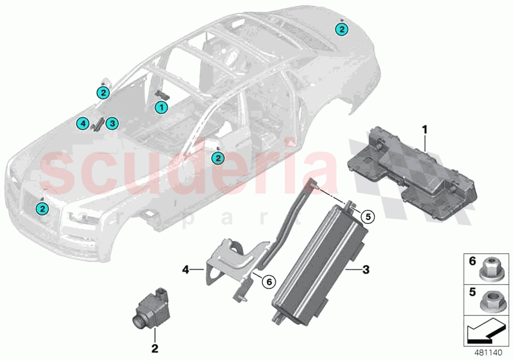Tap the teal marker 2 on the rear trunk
click(342, 30)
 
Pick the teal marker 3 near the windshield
click(112, 123)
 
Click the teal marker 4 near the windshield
click(83, 124)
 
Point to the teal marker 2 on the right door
click(217, 158)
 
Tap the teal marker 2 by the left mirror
click(103, 92)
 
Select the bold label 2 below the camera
click(155, 348)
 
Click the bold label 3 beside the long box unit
click(366, 268)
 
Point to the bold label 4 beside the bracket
click(186, 268)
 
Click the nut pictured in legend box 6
click(487, 269)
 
